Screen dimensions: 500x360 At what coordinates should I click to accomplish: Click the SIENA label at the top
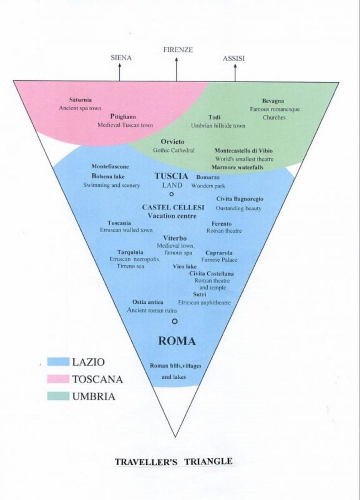pos(121,58)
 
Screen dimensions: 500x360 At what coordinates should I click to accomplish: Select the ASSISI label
pos(234,58)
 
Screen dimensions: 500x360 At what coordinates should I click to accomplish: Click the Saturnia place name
pos(80,100)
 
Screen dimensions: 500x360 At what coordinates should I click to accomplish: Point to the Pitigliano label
pos(123,117)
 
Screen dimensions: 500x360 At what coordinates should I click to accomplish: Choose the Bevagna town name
pos(273,101)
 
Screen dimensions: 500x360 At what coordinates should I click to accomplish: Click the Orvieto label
pos(172,142)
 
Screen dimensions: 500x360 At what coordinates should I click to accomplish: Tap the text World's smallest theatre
pos(244,159)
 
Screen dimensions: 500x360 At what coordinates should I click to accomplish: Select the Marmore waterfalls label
pos(237,167)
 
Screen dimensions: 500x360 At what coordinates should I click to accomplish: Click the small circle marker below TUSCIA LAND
pos(171,194)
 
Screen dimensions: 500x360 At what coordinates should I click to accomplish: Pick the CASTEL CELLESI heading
pos(173,207)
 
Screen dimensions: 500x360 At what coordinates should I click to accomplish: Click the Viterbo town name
pos(175,238)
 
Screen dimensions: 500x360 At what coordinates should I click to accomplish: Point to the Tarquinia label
pos(130,252)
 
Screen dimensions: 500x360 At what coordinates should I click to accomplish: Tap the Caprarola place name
pos(219,253)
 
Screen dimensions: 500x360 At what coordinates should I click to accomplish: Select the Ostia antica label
pos(148,302)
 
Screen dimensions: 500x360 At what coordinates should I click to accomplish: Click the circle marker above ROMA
pos(174,321)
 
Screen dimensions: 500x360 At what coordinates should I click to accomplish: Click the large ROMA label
pos(177,341)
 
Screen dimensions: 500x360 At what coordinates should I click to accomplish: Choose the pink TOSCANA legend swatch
pos(58,379)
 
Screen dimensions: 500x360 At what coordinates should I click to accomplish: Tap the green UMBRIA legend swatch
pos(58,396)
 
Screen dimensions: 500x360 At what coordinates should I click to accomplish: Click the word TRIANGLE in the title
pos(208,461)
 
